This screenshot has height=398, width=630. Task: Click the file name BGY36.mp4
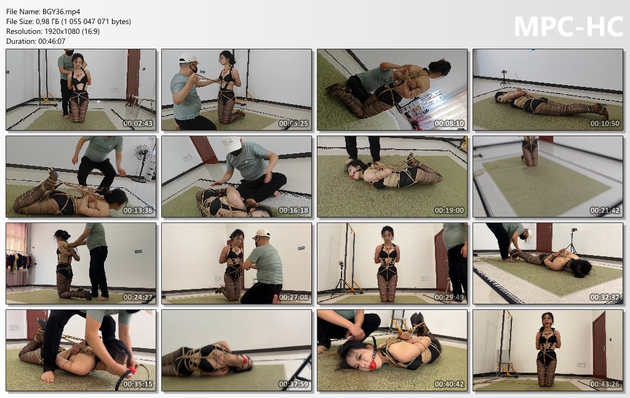(x=61, y=12)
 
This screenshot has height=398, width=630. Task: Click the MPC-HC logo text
(x=568, y=26)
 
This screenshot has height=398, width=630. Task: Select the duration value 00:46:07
(x=52, y=41)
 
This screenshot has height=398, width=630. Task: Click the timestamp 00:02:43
(x=138, y=124)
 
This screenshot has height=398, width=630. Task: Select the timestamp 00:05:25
(x=293, y=124)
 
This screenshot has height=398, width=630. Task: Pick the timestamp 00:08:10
(x=449, y=124)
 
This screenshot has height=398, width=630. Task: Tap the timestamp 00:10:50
(x=605, y=124)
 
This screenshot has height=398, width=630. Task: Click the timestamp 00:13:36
(x=138, y=211)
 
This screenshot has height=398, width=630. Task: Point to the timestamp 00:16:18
(x=293, y=211)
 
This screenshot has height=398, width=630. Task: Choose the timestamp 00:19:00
(x=449, y=211)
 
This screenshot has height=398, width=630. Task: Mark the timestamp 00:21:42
(x=605, y=211)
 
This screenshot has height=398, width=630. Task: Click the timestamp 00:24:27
(x=138, y=298)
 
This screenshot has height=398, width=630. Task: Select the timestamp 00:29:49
(x=449, y=298)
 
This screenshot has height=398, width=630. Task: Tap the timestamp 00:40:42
(x=449, y=384)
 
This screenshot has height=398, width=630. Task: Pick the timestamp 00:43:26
(x=605, y=384)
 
